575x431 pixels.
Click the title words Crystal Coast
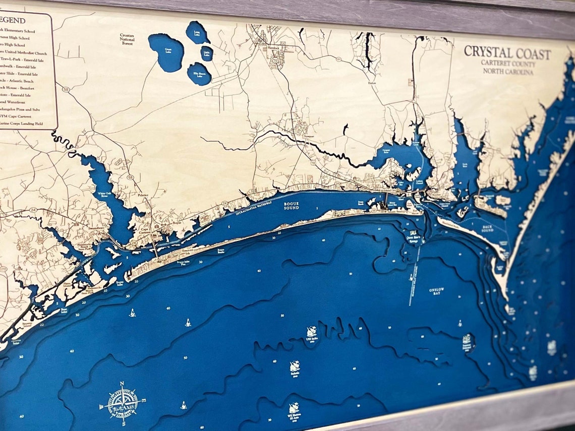point(507,52)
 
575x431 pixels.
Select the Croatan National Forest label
point(127,40)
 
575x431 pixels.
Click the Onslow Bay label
point(435,291)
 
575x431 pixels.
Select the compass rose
point(122,402)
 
